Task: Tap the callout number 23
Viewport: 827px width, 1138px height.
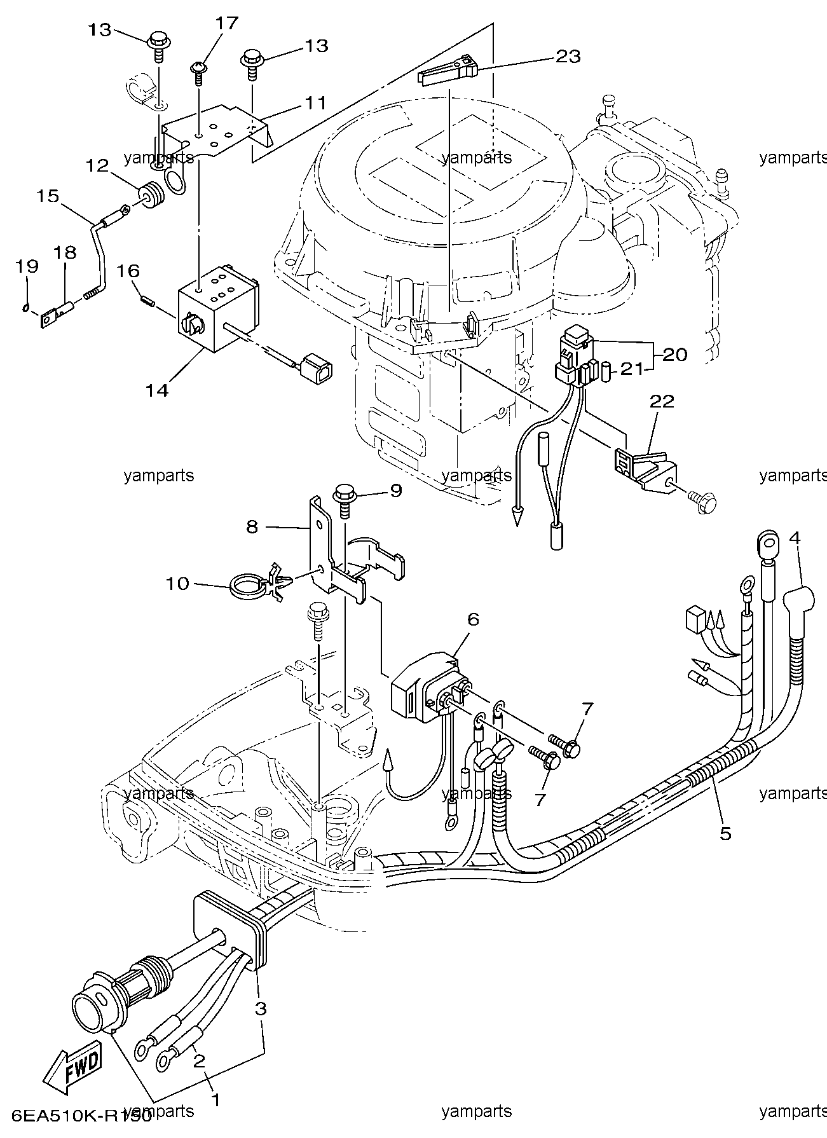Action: click(x=568, y=56)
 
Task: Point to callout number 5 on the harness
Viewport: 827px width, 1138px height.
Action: click(x=725, y=833)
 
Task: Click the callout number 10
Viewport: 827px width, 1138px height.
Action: click(x=178, y=583)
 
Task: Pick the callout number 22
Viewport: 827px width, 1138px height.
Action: click(x=662, y=401)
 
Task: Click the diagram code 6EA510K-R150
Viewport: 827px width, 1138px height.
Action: click(x=76, y=1115)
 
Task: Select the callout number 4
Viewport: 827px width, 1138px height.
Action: click(x=795, y=538)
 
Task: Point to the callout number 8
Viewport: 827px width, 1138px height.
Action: click(x=252, y=527)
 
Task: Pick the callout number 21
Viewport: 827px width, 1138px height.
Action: click(x=632, y=368)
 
